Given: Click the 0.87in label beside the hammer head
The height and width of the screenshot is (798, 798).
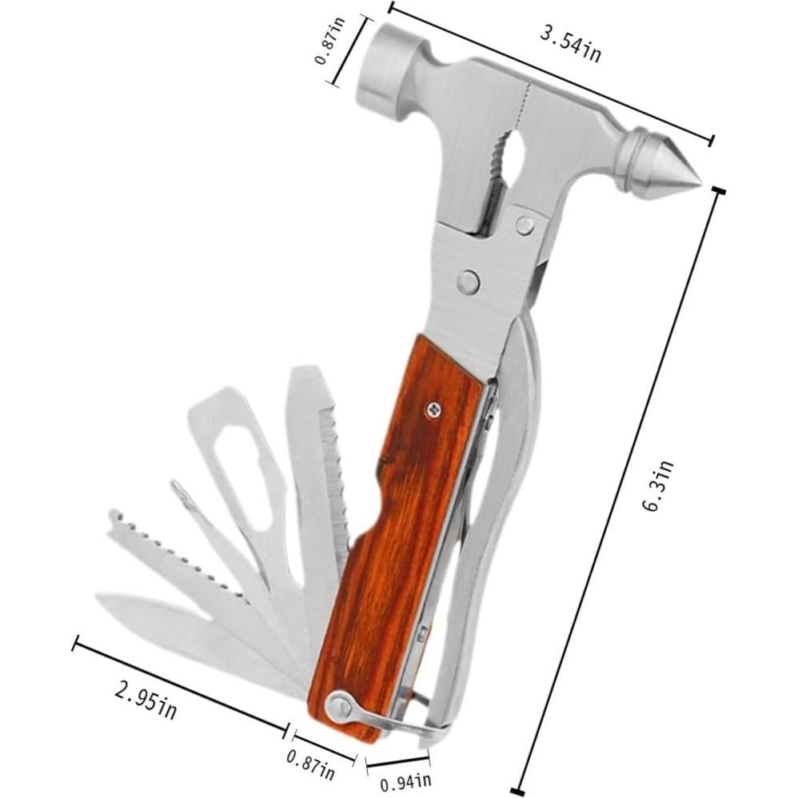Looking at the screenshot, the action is point(330,40).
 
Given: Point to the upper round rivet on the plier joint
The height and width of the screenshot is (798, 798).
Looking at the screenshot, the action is point(525,225).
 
